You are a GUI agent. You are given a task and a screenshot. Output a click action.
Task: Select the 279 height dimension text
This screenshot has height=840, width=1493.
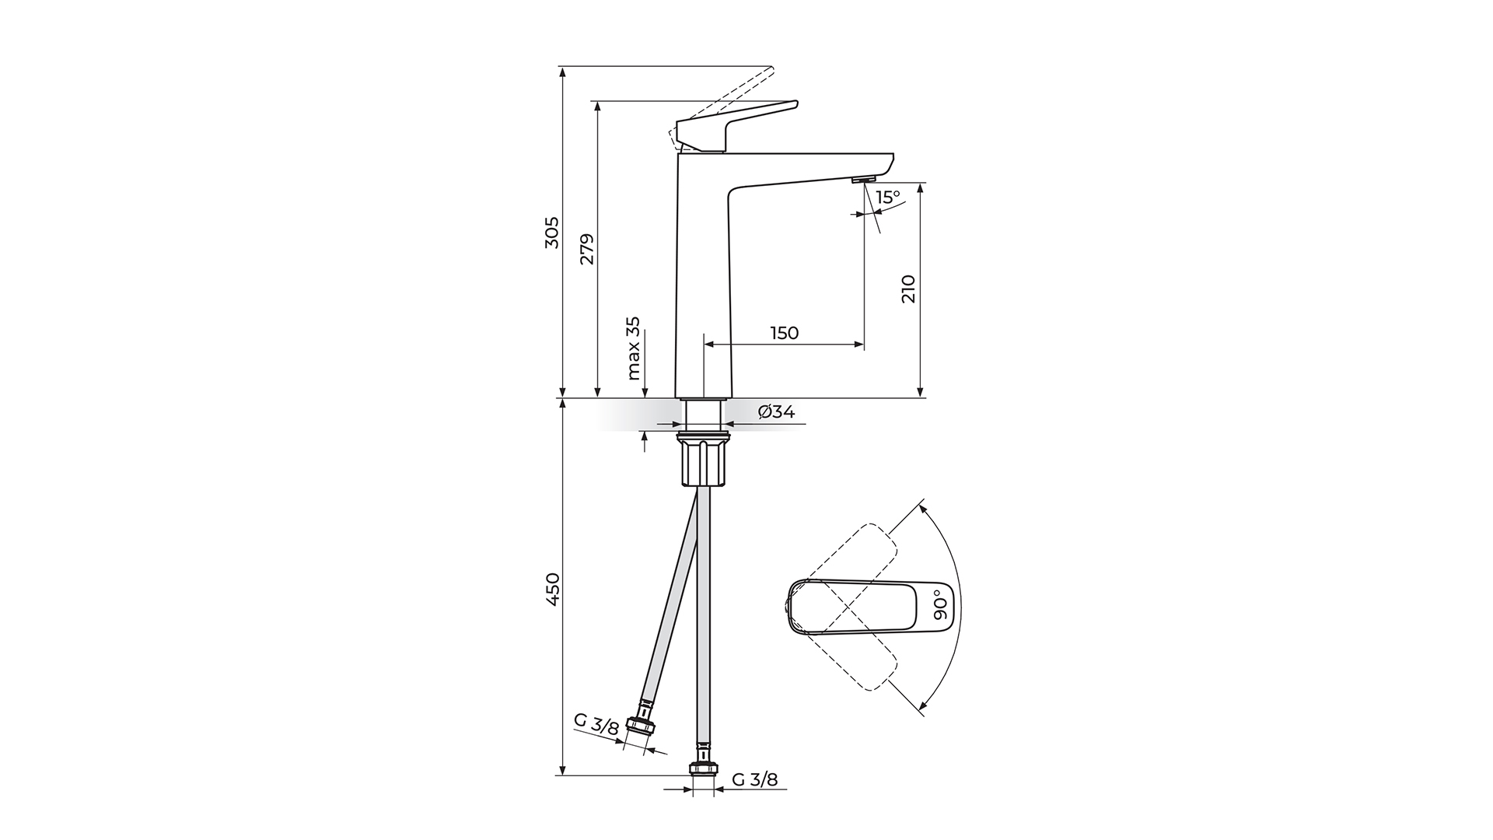click(x=587, y=249)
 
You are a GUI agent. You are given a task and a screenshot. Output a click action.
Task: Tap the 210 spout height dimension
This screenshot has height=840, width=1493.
click(x=909, y=289)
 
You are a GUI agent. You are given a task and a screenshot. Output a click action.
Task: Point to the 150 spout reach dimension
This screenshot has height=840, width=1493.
click(x=784, y=333)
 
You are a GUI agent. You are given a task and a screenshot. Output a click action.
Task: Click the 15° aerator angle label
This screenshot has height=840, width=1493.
click(x=887, y=198)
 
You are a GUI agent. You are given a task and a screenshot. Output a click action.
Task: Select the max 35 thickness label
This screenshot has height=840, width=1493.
click(x=634, y=348)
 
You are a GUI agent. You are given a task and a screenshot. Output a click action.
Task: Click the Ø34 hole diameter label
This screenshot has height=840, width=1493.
click(x=776, y=412)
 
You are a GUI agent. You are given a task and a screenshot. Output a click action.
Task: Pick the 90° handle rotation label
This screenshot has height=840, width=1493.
click(x=940, y=604)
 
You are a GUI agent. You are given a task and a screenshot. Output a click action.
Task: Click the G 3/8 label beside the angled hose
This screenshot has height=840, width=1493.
click(x=596, y=723)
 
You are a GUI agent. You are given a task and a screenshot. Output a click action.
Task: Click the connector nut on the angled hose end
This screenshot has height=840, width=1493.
click(x=641, y=726)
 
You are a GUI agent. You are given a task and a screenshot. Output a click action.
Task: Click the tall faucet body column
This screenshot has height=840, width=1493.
click(x=704, y=280)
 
